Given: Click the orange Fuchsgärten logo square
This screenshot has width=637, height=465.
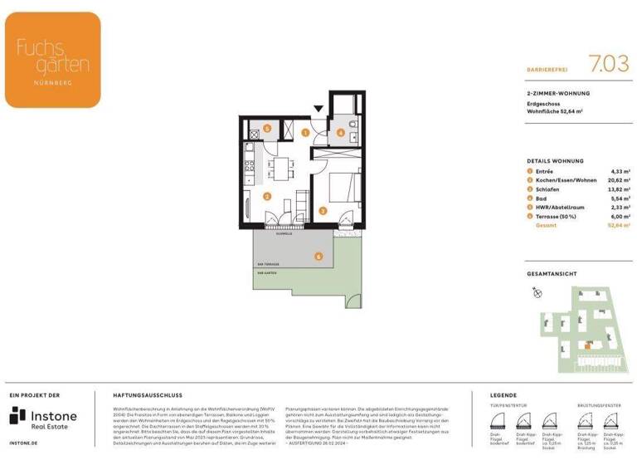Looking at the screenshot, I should tap(52, 48).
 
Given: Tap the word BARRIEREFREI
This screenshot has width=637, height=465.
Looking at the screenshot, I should tap(548, 71).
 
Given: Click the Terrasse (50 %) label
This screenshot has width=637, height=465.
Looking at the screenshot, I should tap(557, 216).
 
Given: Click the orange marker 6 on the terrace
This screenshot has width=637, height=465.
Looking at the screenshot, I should tap(317, 257).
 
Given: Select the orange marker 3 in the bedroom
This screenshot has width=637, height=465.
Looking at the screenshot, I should tap(321, 211).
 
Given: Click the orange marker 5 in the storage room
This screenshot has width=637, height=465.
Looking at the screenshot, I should tap(266, 128).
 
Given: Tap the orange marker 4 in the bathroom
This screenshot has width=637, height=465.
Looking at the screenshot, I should tap(341, 132).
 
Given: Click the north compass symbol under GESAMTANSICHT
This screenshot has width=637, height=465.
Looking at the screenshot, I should tap(537, 292).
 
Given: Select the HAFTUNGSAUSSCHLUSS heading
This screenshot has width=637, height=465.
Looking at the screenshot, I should tap(147, 395).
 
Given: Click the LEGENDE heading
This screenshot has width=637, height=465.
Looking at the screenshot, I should tap(503, 395).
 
